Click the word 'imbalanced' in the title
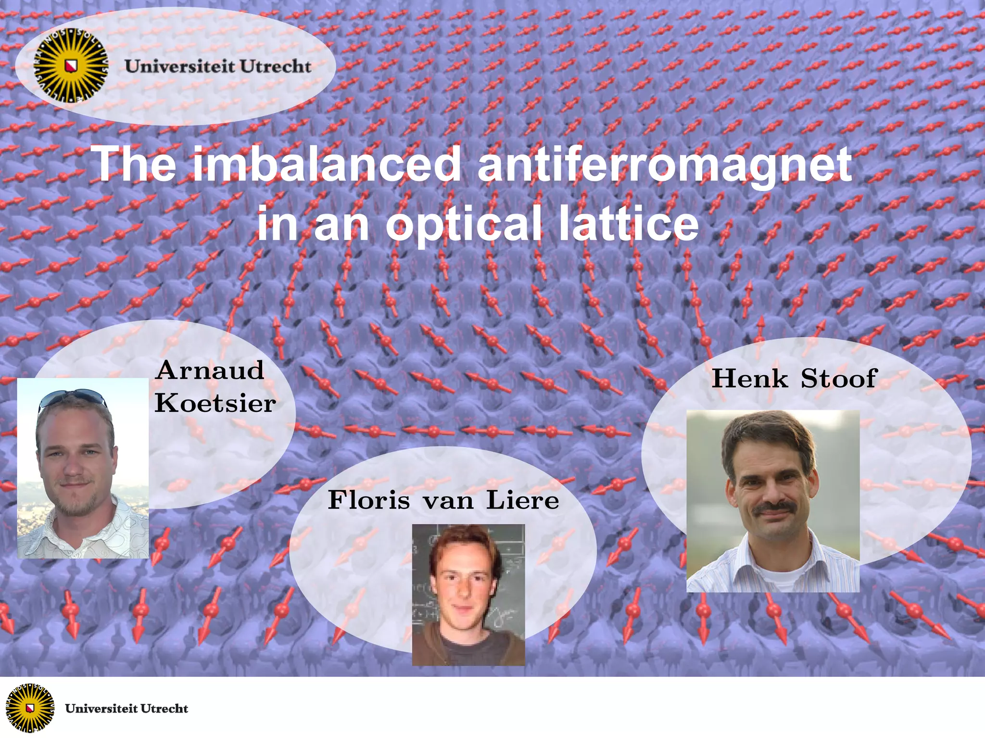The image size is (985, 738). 327,165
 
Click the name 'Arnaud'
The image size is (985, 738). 210,371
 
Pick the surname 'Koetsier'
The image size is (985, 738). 215,403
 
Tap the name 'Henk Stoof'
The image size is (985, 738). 795,378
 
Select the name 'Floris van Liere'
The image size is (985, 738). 443,500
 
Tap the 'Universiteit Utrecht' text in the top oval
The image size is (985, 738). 218,66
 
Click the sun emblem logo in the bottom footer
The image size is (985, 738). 29,708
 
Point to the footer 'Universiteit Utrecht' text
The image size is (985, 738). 126,709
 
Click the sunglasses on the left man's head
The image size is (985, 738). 72,398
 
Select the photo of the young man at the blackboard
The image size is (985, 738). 468,595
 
